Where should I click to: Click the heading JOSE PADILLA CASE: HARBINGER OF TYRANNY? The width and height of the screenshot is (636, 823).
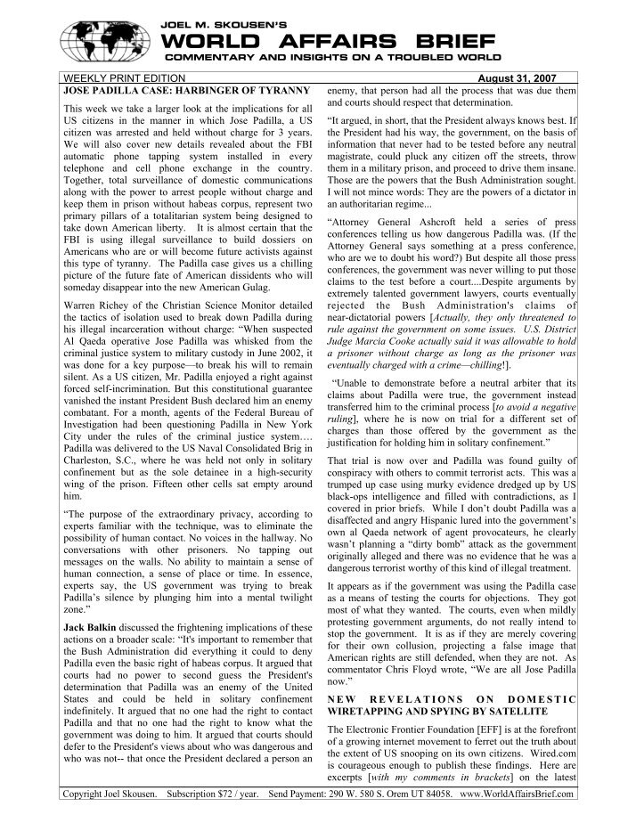click(x=183, y=92)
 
